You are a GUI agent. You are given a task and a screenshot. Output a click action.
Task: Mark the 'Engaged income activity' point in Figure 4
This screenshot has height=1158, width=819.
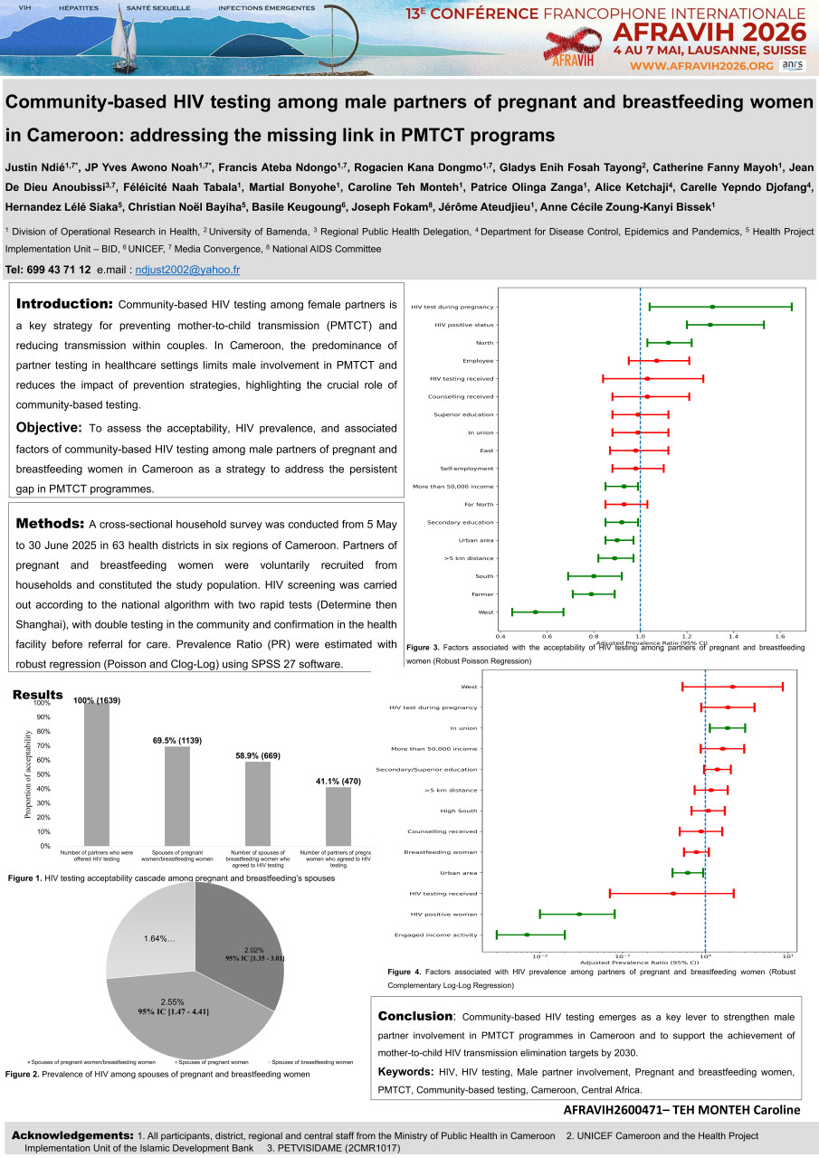point(527,935)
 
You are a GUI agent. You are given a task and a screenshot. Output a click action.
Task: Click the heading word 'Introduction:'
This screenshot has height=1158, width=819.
point(64,304)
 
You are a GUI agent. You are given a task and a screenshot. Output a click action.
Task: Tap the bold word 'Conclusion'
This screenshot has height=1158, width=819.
point(414,1017)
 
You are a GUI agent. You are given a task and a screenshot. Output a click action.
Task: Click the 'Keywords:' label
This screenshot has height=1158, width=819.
point(405,1072)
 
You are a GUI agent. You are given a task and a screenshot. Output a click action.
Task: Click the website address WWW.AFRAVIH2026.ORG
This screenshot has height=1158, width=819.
point(701,66)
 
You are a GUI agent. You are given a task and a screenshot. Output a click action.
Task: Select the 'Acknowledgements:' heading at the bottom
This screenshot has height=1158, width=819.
point(71,1135)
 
